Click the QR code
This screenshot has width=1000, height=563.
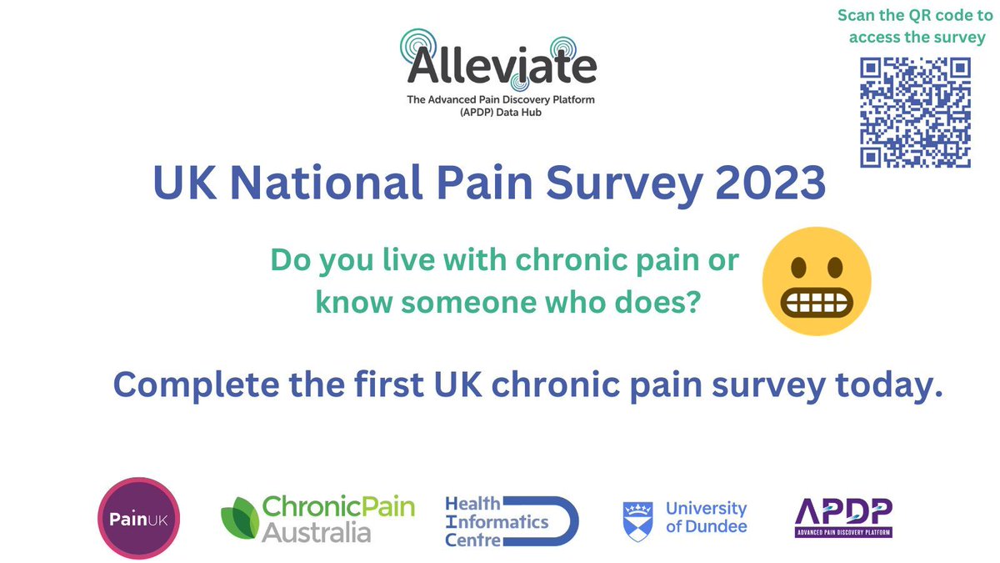[x=915, y=113]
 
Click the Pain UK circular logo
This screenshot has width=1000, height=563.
[x=139, y=517]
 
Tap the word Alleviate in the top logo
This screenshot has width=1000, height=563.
[x=502, y=68]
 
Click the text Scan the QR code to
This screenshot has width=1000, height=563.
[x=914, y=16]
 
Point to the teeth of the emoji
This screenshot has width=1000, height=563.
[x=817, y=298]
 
